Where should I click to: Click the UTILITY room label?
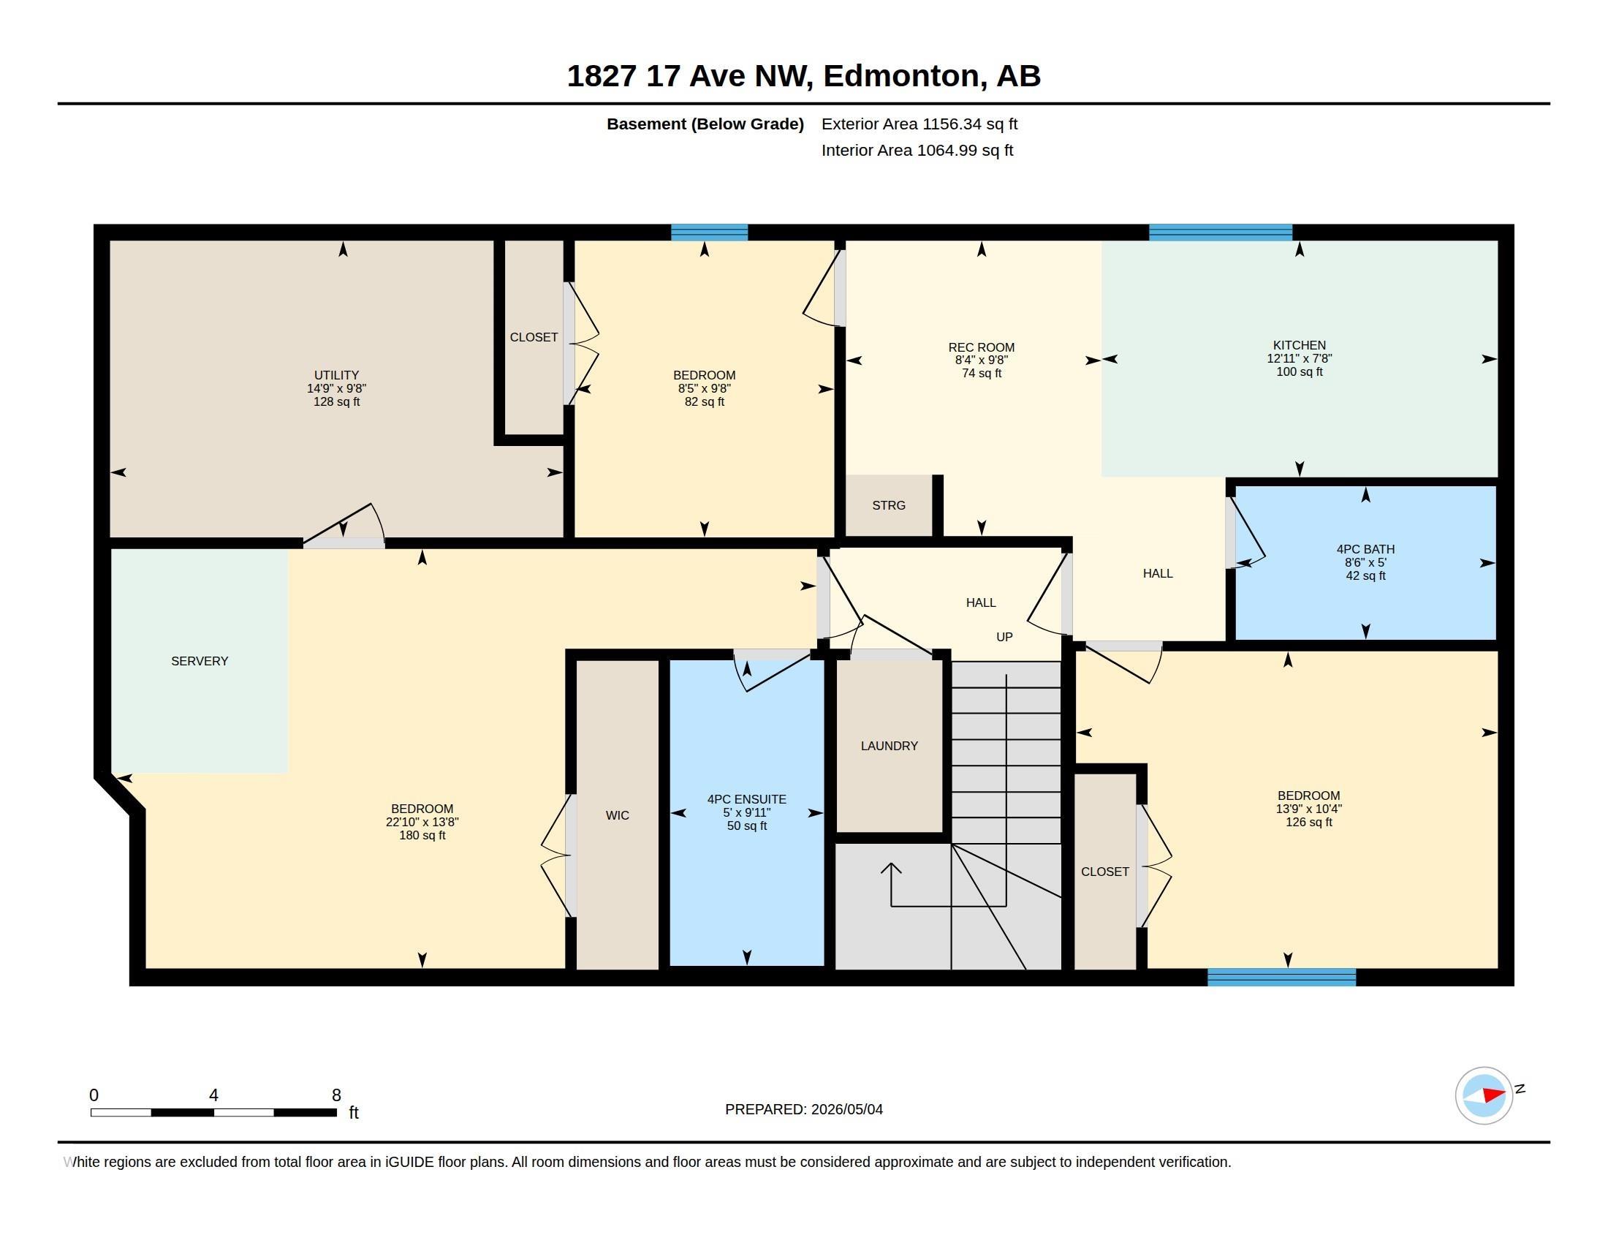click(x=336, y=375)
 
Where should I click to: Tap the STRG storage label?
click(x=889, y=505)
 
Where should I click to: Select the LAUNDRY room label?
click(x=890, y=746)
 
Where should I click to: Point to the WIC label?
click(x=617, y=815)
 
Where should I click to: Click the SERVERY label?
click(x=200, y=661)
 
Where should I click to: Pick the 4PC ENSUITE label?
click(x=746, y=799)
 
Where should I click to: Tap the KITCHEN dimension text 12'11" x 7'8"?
click(x=1300, y=358)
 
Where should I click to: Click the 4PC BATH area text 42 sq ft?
click(x=1366, y=576)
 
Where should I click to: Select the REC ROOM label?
click(x=982, y=347)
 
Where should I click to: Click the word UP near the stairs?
click(x=1004, y=637)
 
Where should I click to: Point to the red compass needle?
click(x=1493, y=1095)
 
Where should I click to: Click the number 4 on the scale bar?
click(x=213, y=1095)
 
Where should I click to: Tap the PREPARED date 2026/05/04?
click(x=846, y=1109)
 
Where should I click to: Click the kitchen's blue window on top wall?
click(x=1221, y=233)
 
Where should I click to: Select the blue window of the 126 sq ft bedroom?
click(x=1282, y=977)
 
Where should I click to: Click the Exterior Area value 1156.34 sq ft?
click(x=970, y=124)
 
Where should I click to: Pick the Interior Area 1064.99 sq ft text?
click(x=917, y=150)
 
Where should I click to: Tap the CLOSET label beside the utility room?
click(x=534, y=337)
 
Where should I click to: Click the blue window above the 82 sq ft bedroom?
click(x=709, y=233)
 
